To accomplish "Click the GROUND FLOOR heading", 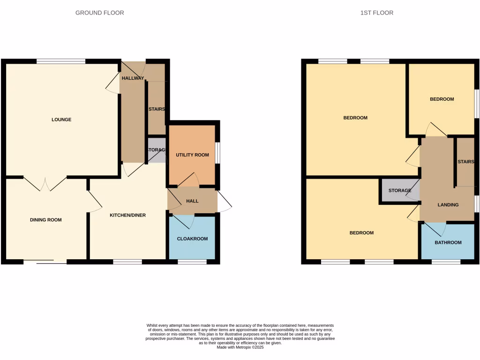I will coord(100,13).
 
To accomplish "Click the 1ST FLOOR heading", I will coord(377,13).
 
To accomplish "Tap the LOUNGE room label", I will coord(61,120).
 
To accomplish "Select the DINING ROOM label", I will coord(46,220).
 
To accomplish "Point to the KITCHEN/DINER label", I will coord(127,215).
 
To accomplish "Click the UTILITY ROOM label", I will coord(192,155).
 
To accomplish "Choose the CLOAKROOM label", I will coord(192,239).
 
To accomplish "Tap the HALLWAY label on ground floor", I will coord(133,78).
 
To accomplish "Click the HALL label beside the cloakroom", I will coord(192,201).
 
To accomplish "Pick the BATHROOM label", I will coord(448,242).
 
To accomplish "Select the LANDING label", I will coord(448,205).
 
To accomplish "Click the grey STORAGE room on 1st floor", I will coord(399,191).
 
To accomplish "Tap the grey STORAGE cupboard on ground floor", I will coord(157,150).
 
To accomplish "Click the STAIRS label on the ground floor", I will coord(157,109).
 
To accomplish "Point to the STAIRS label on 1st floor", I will coord(465,162).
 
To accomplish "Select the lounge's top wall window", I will coord(61,61).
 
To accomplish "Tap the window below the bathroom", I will coord(446,262).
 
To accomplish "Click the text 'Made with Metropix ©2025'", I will coord(240,347).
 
